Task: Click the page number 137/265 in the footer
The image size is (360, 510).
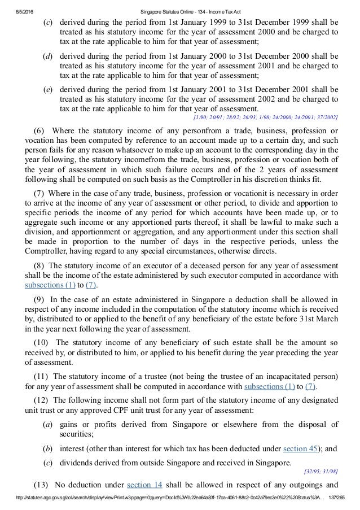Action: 344,504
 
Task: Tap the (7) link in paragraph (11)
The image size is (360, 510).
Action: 310,386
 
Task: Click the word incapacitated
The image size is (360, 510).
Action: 276,376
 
